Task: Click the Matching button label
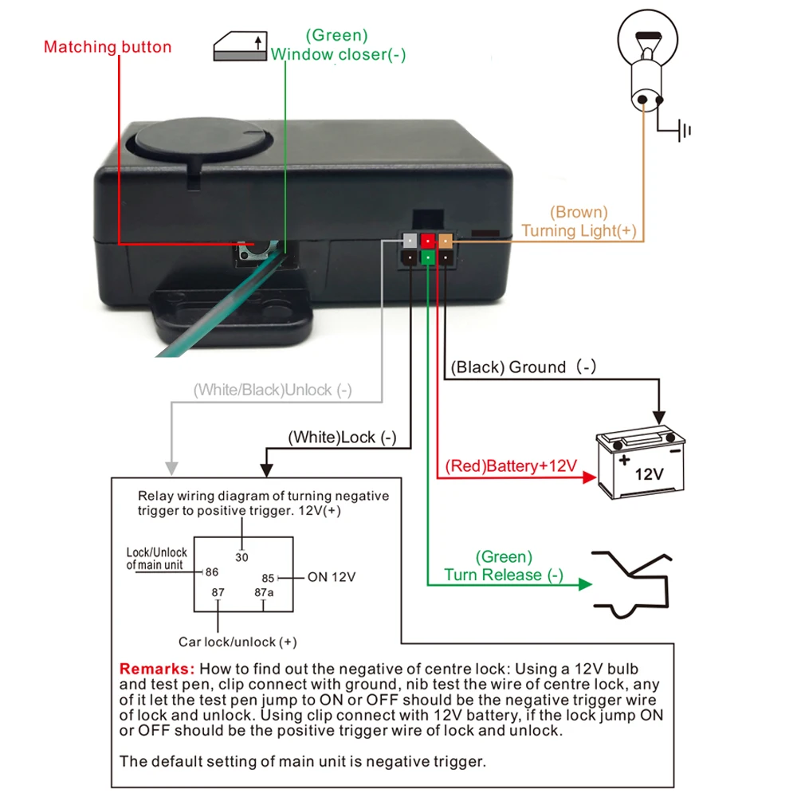108,47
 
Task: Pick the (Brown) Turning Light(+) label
579,222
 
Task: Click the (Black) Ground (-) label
523,367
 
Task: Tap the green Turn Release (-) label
504,566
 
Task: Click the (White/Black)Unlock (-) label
273,390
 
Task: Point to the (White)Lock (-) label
342,437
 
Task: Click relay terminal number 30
241,557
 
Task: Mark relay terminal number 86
211,571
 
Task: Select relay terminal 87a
264,592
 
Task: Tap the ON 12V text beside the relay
332,576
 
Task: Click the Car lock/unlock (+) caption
238,642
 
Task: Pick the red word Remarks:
156,668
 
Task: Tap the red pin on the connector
429,239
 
